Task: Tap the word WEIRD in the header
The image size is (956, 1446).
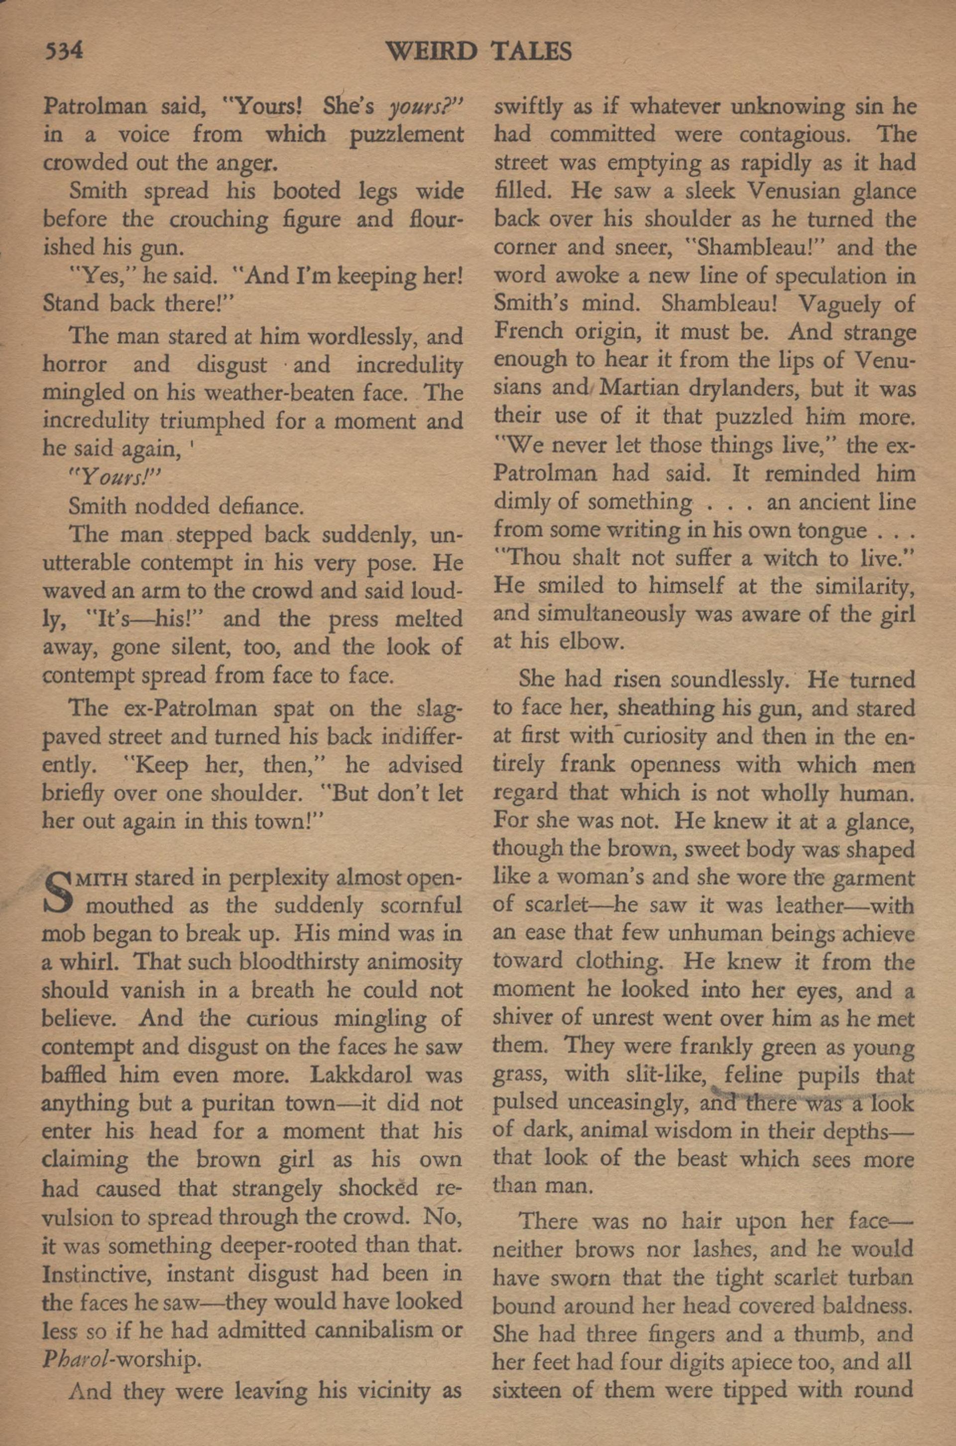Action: point(432,52)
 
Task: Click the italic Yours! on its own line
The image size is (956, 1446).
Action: point(114,478)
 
